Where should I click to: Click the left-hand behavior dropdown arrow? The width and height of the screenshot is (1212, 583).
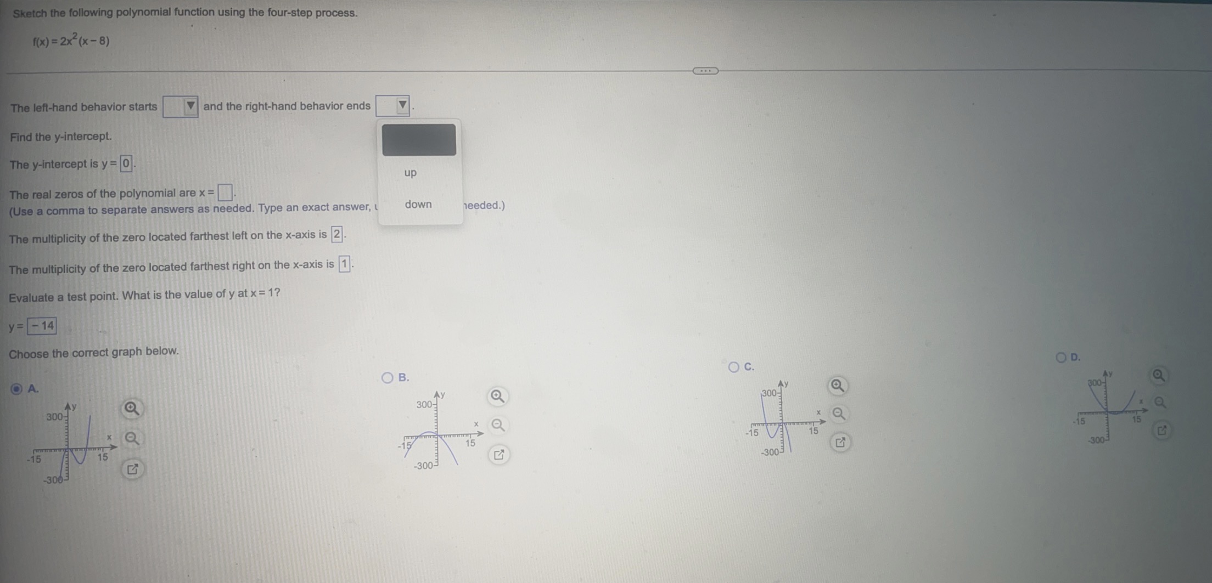(190, 106)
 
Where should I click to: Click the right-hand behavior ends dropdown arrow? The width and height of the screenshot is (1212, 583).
(402, 105)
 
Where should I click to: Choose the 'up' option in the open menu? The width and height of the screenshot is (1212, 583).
(411, 173)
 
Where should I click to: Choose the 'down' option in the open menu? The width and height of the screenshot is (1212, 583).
(418, 205)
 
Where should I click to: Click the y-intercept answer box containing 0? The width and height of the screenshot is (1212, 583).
(126, 163)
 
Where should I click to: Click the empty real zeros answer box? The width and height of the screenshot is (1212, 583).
(225, 193)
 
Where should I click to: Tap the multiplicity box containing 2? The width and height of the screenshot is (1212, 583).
(337, 235)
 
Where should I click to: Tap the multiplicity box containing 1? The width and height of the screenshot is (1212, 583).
(344, 264)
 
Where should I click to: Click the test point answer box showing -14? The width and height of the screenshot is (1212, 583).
(42, 326)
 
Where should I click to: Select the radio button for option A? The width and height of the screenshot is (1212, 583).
(16, 389)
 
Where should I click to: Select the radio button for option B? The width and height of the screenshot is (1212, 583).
(388, 377)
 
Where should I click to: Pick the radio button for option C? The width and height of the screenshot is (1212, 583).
(733, 367)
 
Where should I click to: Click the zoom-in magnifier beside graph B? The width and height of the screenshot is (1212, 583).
(497, 396)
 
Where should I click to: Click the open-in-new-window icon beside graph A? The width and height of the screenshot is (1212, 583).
(132, 469)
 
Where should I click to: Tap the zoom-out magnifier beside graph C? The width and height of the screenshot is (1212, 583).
(838, 414)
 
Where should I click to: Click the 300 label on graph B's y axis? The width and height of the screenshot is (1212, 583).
(424, 405)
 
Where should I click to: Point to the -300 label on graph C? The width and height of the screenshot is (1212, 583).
(770, 452)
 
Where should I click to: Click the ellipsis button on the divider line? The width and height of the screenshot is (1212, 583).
(705, 71)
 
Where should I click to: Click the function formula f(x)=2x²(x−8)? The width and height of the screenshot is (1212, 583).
(71, 41)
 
